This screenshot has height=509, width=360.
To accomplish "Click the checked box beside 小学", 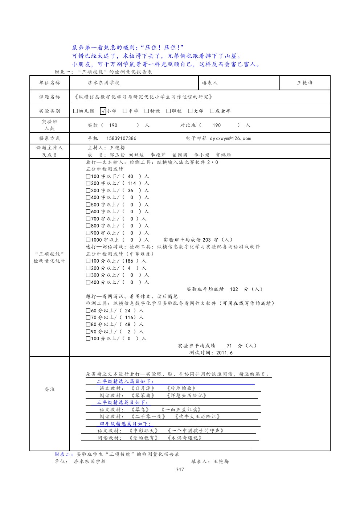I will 103,111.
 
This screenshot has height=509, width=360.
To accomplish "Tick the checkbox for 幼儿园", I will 75,111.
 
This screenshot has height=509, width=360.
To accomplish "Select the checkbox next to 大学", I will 190,111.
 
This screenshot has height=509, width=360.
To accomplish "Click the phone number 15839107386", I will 121,138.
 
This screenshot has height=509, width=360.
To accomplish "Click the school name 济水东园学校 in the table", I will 103,83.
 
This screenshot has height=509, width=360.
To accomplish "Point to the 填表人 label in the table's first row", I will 210,83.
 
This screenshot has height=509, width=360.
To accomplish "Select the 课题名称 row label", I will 50,97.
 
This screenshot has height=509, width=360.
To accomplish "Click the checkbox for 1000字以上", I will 88,240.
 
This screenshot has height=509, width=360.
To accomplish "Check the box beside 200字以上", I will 88,183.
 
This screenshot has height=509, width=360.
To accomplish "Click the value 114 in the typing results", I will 132,183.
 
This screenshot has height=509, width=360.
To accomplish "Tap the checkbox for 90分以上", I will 88,332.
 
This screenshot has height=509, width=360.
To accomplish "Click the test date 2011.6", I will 224,353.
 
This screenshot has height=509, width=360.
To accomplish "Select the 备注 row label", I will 50,389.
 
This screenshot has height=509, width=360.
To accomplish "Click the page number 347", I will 180,469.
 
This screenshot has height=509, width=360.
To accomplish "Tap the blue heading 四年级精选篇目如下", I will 125,424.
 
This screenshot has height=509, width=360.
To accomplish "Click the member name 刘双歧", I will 136,155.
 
